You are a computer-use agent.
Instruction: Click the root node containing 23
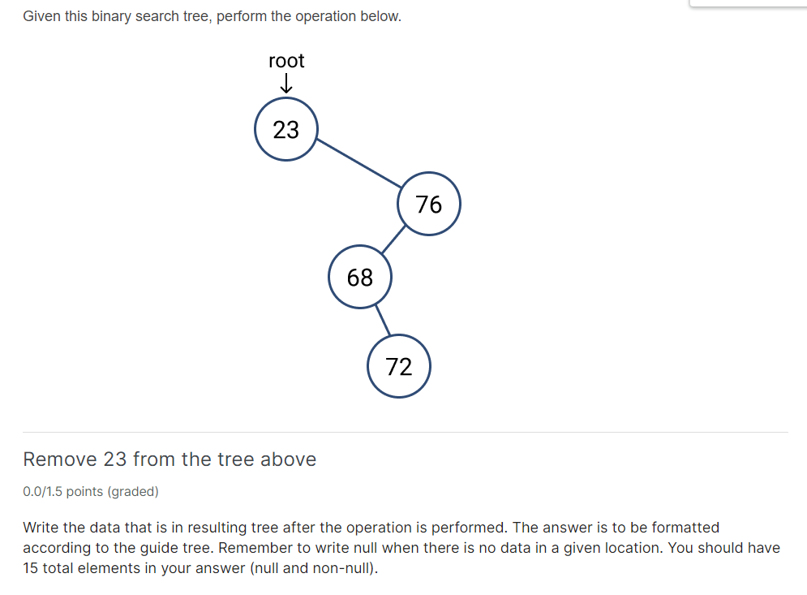tap(286, 129)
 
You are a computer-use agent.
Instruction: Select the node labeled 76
tap(429, 204)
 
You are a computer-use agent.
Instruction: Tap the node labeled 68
tap(360, 277)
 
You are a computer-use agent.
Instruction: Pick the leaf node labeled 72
tap(399, 366)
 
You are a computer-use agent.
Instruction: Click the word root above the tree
tap(286, 62)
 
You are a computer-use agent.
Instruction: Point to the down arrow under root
tap(286, 84)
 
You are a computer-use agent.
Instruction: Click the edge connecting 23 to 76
tap(358, 163)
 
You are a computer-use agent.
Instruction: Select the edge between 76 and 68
tap(393, 239)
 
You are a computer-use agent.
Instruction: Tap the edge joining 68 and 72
tap(383, 320)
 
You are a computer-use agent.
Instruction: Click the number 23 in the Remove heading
tap(115, 459)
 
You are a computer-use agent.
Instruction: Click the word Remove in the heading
tap(60, 459)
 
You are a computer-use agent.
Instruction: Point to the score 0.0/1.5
tap(42, 491)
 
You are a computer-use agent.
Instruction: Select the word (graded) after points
tap(133, 491)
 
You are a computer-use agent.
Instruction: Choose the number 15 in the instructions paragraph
tap(30, 568)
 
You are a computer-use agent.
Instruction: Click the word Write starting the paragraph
tap(41, 528)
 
